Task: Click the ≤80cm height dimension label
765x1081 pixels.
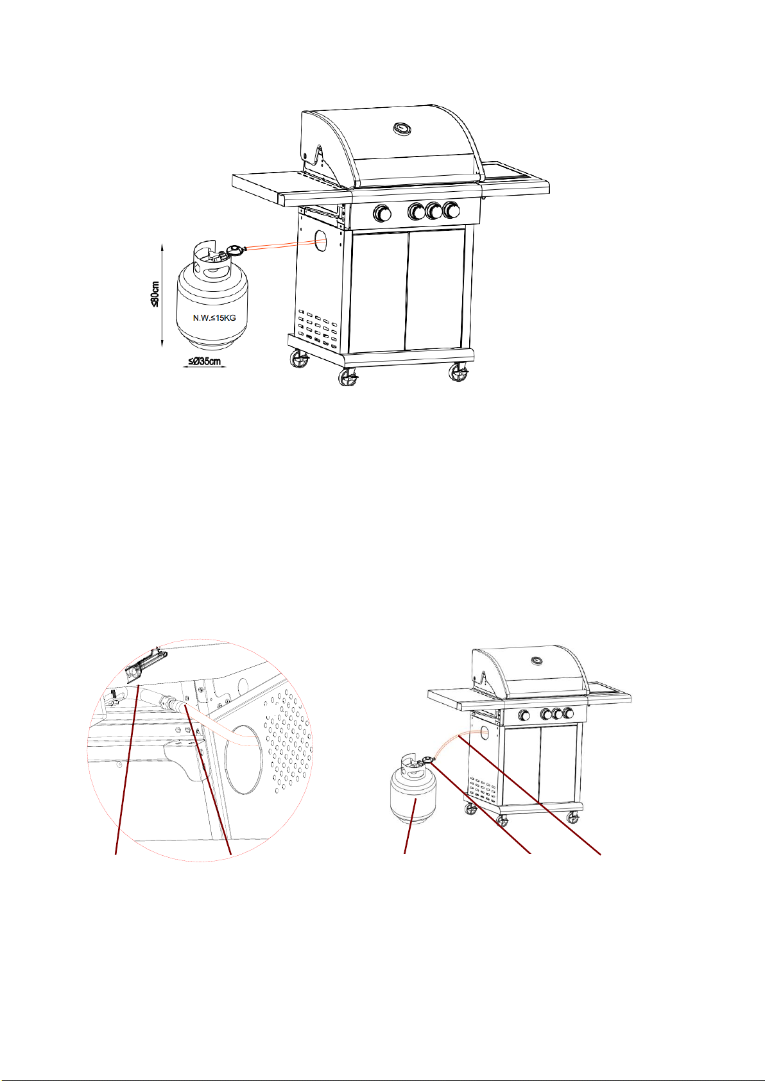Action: [x=155, y=294]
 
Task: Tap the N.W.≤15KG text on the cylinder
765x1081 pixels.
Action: [x=214, y=318]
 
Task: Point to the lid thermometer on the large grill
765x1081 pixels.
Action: [x=402, y=128]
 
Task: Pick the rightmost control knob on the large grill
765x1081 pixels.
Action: [x=451, y=210]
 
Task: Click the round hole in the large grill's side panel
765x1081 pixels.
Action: [x=320, y=240]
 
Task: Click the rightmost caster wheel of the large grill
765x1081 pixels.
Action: [x=458, y=373]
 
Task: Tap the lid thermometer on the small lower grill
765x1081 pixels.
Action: [x=536, y=661]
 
